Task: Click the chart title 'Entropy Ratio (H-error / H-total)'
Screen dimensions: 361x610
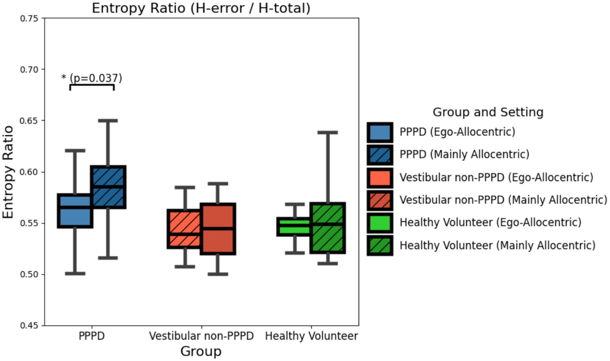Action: pos(201,8)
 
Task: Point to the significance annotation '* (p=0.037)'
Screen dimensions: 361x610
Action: pos(92,78)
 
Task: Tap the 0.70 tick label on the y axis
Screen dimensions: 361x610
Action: pos(29,70)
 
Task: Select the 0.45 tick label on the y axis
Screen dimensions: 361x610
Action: pos(29,326)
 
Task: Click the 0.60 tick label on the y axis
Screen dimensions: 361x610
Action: pos(29,172)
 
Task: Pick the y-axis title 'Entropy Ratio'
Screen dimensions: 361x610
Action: pos(8,172)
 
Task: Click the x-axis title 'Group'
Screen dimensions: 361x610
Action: pos(201,351)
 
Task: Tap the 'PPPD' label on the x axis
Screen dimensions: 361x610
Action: pos(91,336)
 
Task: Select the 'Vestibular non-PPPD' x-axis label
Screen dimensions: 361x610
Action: pos(201,336)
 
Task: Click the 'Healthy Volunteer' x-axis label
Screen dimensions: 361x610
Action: pos(311,336)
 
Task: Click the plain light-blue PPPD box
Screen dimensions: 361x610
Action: pos(75,211)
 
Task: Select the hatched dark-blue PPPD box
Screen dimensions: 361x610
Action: pos(108,187)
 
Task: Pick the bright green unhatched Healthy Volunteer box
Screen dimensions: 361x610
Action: pos(294,226)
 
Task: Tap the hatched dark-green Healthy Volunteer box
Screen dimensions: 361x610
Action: pos(327,228)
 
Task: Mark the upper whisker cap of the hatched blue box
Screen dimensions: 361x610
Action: pos(108,120)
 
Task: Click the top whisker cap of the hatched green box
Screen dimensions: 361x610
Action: pos(327,133)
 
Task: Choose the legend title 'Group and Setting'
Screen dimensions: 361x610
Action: pos(488,112)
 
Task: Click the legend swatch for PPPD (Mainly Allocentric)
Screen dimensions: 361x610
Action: pos(380,154)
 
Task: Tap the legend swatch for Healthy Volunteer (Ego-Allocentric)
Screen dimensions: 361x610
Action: pos(380,223)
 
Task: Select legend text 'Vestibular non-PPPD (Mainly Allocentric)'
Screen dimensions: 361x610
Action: pos(503,200)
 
